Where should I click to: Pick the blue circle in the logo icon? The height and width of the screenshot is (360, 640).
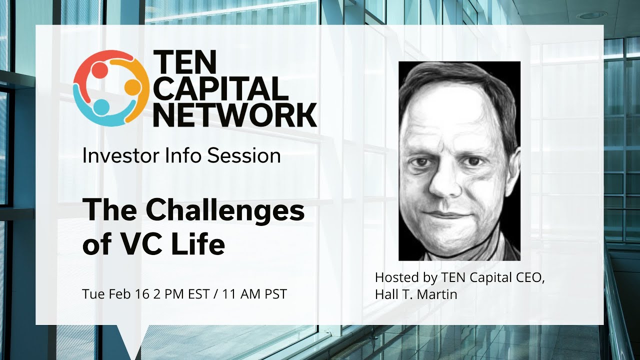click(x=101, y=107)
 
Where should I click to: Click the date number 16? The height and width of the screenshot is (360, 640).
click(x=140, y=294)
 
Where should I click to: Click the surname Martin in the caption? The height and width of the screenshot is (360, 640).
click(x=437, y=294)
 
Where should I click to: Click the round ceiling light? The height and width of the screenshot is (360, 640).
click(x=592, y=15)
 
